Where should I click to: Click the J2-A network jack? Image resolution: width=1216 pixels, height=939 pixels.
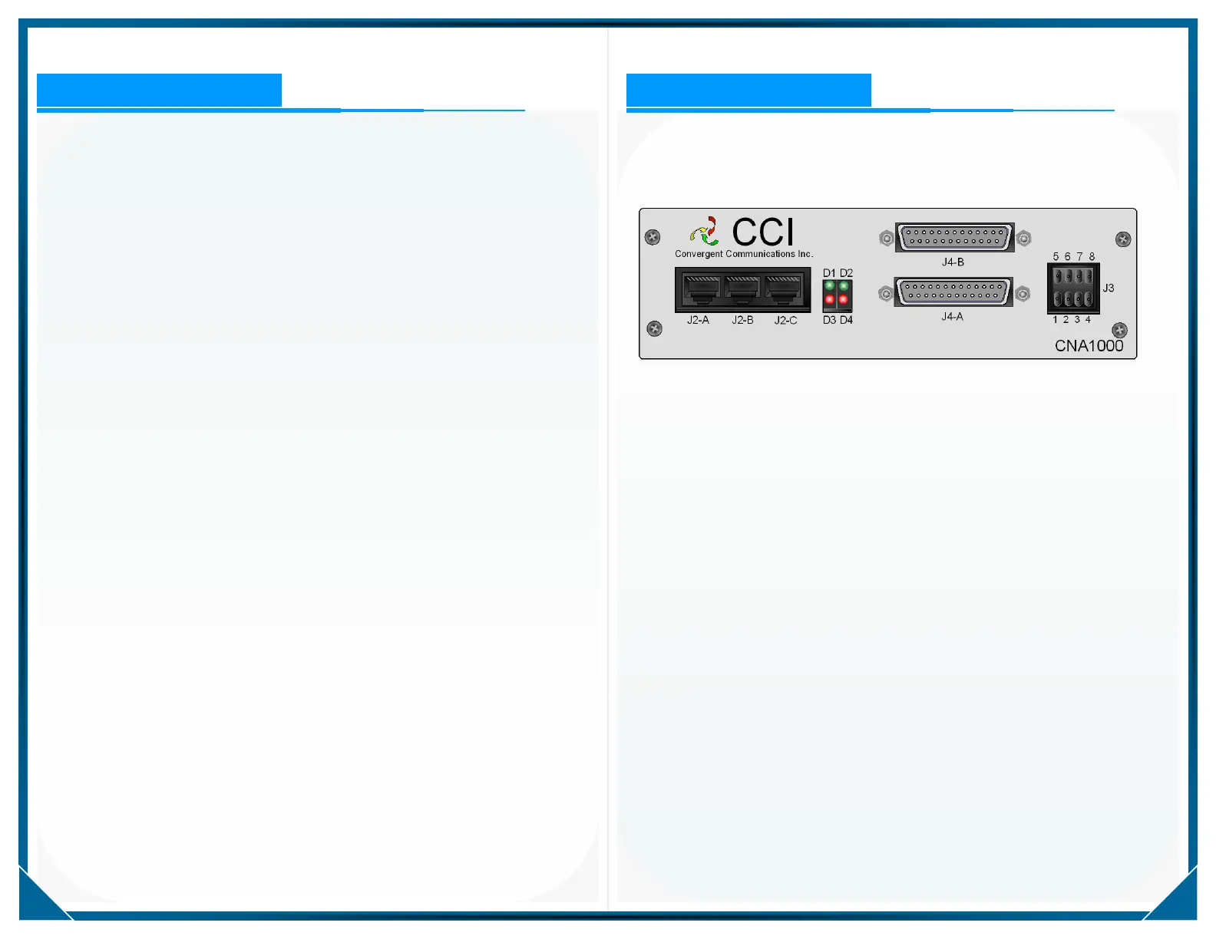[x=702, y=289]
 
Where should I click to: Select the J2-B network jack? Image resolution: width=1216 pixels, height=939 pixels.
[x=742, y=289]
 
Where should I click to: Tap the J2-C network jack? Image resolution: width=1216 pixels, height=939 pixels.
[x=784, y=289]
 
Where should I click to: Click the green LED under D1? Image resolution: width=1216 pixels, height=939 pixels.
[x=830, y=286]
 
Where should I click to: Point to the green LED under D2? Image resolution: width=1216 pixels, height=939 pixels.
[x=844, y=286]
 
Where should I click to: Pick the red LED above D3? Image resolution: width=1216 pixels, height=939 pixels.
[x=830, y=299]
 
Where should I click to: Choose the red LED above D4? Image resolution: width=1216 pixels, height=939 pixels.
[x=844, y=299]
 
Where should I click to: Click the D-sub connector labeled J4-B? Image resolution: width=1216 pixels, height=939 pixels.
[x=954, y=237]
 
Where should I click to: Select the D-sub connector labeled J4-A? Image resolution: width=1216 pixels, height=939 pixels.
[x=953, y=292]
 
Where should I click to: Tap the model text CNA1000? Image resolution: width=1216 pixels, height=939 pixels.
[x=1089, y=346]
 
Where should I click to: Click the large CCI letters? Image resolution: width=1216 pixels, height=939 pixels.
[x=762, y=232]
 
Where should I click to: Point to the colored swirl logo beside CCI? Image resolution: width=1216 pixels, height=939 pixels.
[x=705, y=231]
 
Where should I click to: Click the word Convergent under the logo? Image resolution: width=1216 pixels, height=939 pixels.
[x=699, y=254]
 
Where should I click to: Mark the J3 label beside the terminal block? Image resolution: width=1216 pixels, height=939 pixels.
[x=1109, y=288]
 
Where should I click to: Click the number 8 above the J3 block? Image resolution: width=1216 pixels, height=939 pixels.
[x=1092, y=257]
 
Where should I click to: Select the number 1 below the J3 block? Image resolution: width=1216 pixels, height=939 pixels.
[x=1056, y=320]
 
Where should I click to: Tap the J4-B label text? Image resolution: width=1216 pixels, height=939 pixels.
[x=953, y=262]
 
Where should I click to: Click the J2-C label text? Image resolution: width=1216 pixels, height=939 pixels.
[x=785, y=321]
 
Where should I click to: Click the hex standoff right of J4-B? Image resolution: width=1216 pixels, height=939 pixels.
[x=1024, y=239]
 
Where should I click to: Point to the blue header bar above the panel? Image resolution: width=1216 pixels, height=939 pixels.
[x=748, y=90]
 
